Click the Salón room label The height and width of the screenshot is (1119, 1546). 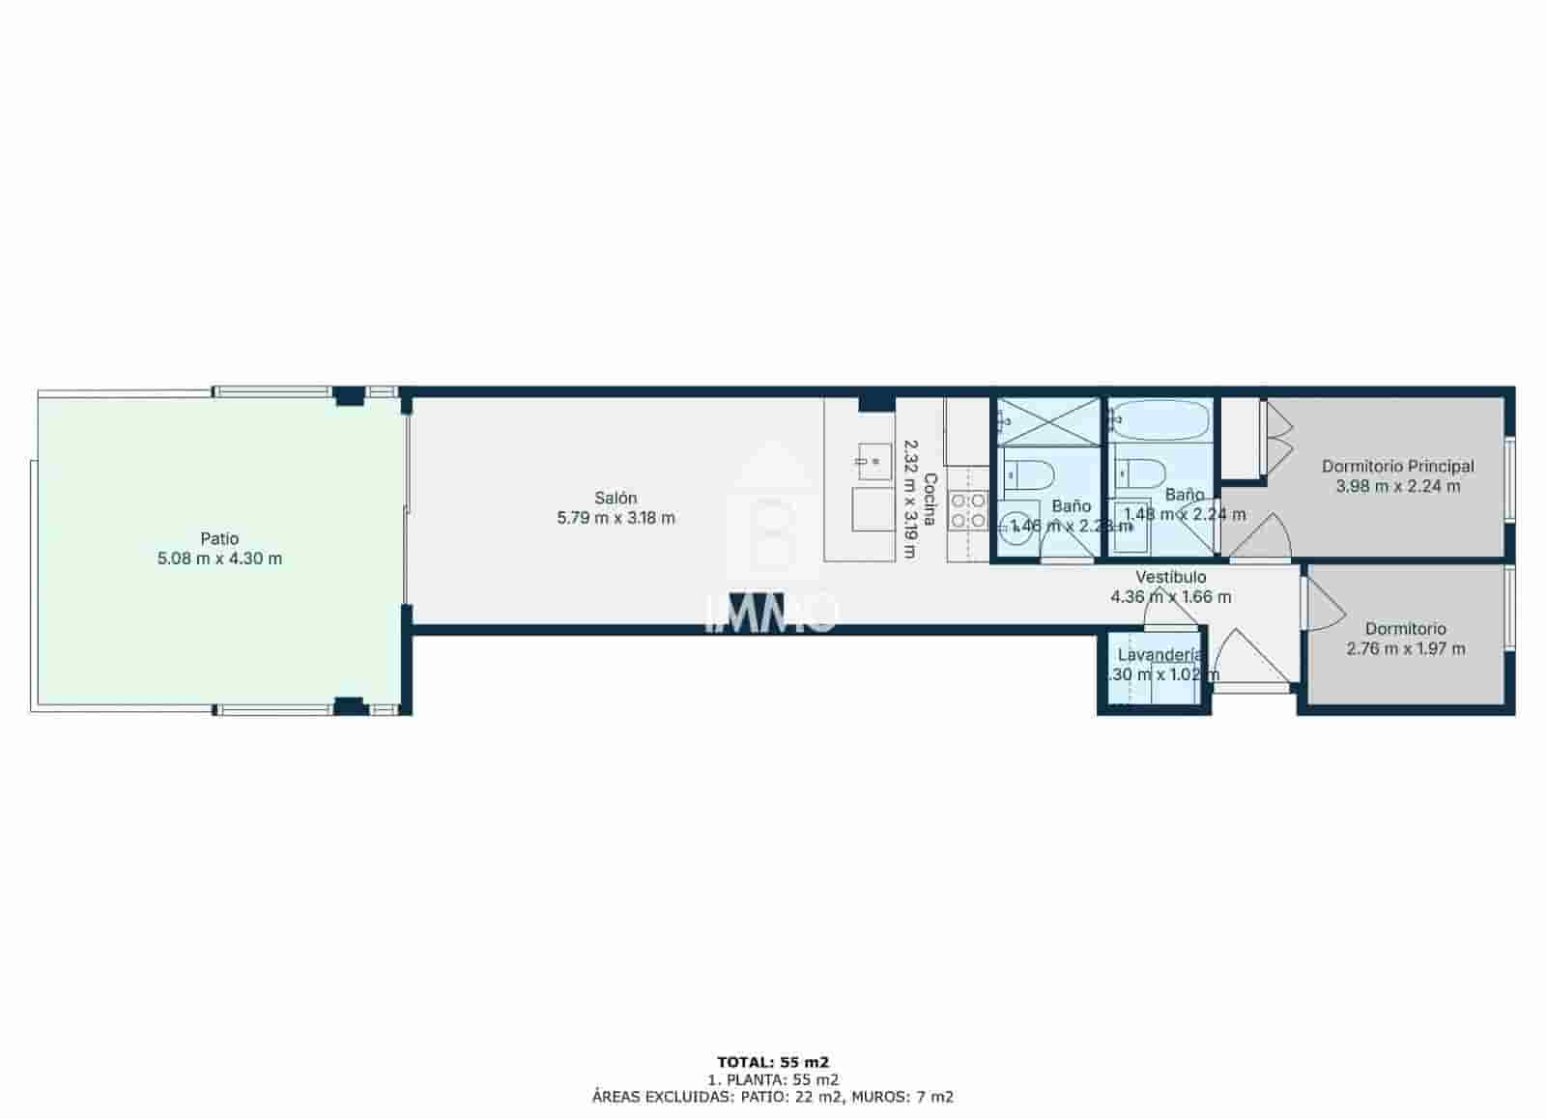coord(616,498)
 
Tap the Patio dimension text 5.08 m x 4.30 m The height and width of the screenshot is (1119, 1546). coord(219,559)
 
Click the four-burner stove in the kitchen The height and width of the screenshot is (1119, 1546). coord(967,511)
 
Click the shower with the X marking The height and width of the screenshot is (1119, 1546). coord(1048,421)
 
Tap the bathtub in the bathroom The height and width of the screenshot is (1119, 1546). coord(1160,420)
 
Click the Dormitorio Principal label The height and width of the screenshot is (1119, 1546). coord(1397,467)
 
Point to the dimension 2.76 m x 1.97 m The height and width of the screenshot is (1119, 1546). coord(1405,648)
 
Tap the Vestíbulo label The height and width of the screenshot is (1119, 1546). coord(1170,577)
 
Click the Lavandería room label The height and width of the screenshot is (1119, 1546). coord(1159,654)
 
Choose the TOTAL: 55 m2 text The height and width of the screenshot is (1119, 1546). coord(773,1062)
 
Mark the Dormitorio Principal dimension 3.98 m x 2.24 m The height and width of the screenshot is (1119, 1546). coord(1397,486)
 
